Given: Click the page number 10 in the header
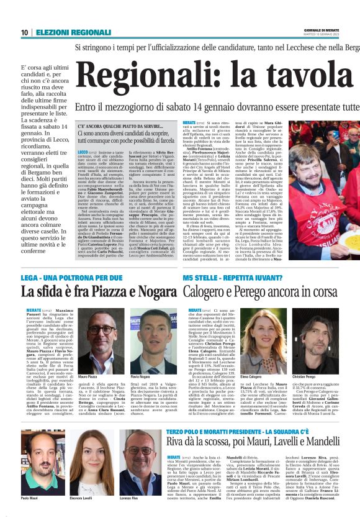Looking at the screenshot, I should pos(24,32).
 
